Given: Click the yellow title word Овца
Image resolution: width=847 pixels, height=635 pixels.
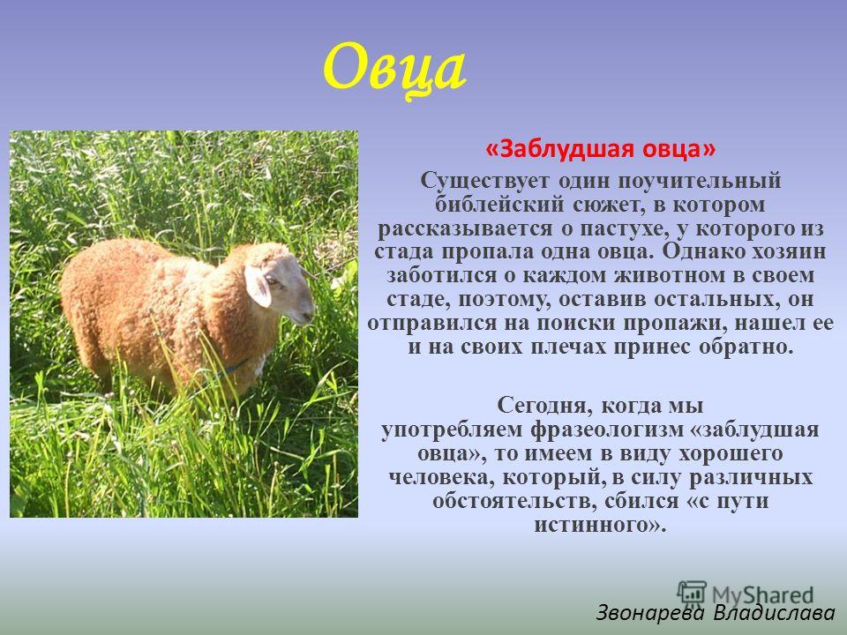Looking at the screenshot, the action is click(394, 70).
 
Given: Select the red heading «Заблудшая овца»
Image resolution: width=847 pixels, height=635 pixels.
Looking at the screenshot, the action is click(600, 148).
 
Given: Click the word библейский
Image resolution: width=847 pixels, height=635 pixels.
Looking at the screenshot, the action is click(499, 205).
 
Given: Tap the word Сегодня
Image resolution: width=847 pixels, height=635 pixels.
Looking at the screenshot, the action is click(543, 406).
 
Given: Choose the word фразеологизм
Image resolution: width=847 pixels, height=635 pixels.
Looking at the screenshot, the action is click(607, 430).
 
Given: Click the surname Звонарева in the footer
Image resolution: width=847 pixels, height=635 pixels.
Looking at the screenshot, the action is click(650, 613).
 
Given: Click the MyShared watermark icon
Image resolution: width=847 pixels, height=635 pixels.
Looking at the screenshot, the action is click(692, 593).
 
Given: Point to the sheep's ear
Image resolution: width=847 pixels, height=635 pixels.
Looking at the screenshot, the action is click(257, 285).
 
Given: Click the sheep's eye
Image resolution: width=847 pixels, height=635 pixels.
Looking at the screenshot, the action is click(272, 280).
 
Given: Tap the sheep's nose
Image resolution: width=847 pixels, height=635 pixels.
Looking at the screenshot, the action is click(309, 314).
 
